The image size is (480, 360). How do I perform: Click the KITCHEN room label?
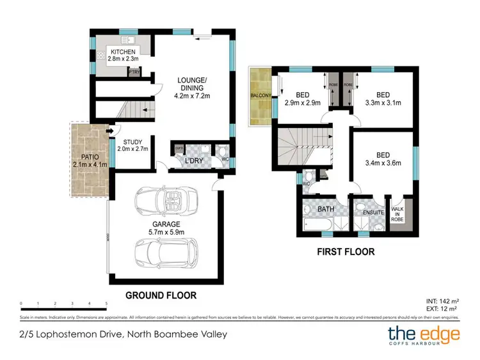pos(123,52)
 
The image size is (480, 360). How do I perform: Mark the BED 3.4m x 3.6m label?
pos(384,159)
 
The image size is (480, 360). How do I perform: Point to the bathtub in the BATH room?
pos(317,224)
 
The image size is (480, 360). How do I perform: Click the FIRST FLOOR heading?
pos(346,251)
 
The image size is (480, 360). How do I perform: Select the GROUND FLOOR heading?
pos(160,295)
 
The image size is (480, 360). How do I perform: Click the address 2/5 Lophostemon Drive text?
pos(122,334)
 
